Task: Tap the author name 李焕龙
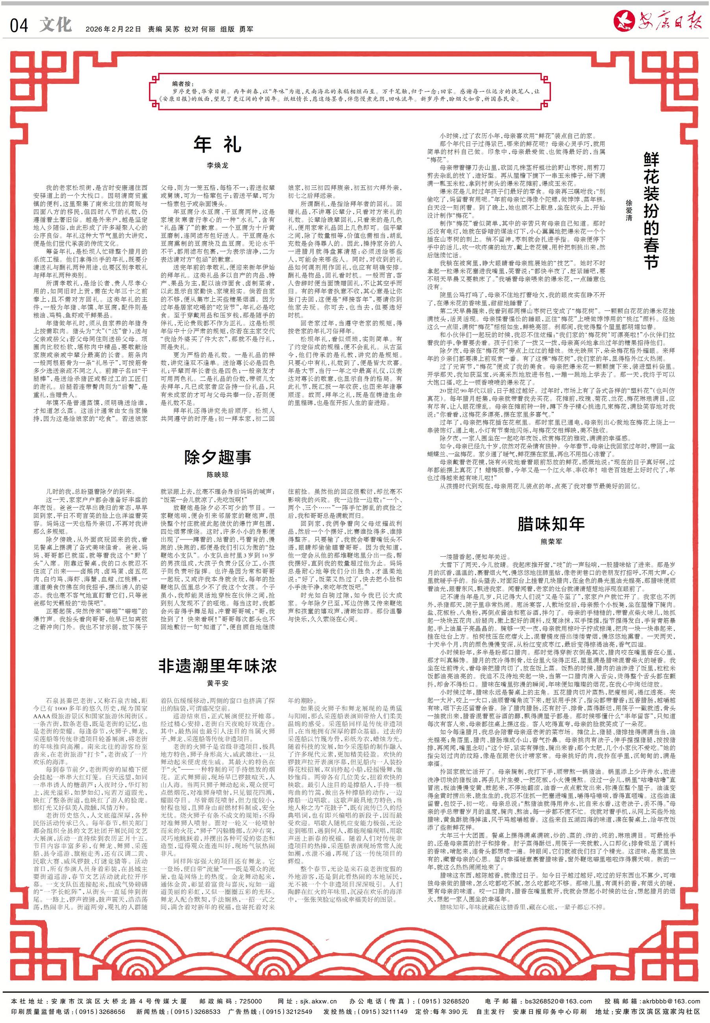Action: (217, 165)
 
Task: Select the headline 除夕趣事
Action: (218, 457)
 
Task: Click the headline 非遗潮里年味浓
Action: (218, 665)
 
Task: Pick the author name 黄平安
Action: (218, 683)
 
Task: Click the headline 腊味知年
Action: (551, 524)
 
